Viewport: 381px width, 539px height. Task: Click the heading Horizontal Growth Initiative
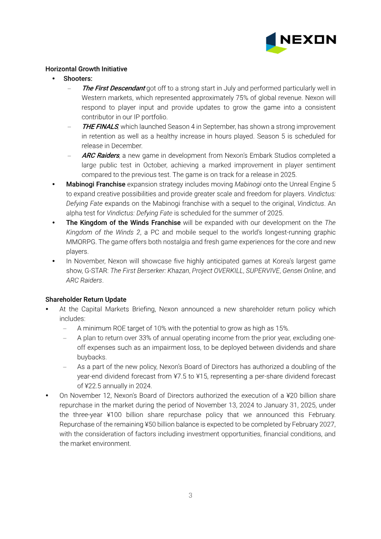[86, 69]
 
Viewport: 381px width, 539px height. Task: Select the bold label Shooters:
[78, 79]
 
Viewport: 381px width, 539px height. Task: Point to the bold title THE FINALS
[100, 126]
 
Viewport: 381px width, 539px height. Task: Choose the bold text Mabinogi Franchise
[96, 184]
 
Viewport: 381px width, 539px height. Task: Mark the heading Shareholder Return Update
[86, 300]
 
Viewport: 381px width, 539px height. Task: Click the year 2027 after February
[327, 424]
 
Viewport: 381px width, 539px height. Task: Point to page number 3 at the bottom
[190, 495]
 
